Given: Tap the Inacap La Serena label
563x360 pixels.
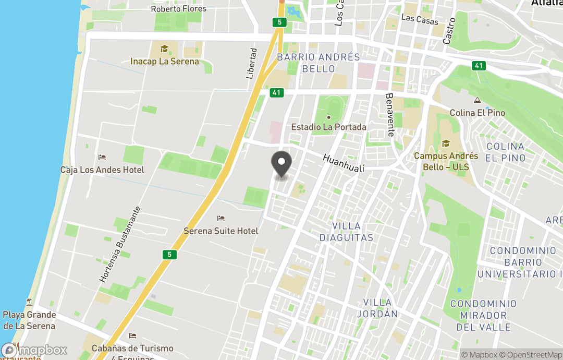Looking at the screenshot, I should pyautogui.click(x=165, y=62).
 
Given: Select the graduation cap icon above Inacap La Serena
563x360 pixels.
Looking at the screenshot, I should pyautogui.click(x=165, y=49).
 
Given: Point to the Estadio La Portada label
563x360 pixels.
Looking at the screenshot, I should pyautogui.click(x=328, y=127).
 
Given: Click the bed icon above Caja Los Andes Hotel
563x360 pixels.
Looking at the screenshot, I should pyautogui.click(x=102, y=158).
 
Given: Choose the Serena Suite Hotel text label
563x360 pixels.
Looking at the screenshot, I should pyautogui.click(x=221, y=231).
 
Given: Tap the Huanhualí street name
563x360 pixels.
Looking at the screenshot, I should pyautogui.click(x=343, y=162).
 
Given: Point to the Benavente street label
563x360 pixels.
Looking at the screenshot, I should pyautogui.click(x=390, y=115).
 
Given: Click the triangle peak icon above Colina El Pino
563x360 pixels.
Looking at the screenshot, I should pyautogui.click(x=477, y=100).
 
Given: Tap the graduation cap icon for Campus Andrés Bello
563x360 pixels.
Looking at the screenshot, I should pyautogui.click(x=446, y=143).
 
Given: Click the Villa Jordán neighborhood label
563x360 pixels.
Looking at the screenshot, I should pyautogui.click(x=380, y=308).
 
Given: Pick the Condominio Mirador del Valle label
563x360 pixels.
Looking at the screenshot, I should pyautogui.click(x=483, y=315).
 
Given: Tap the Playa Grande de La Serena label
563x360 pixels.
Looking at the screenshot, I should pyautogui.click(x=29, y=320).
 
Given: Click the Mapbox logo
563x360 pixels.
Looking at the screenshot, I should pyautogui.click(x=34, y=350).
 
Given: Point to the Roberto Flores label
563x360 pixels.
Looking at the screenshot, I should pyautogui.click(x=178, y=9).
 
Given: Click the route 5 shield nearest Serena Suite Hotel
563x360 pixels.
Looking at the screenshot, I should pyautogui.click(x=168, y=255).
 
